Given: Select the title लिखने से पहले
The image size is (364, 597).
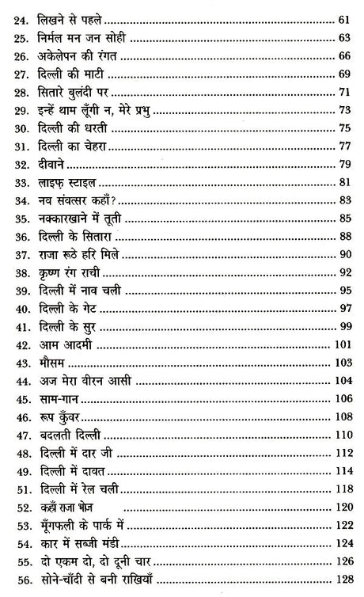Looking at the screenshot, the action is point(73,14).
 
